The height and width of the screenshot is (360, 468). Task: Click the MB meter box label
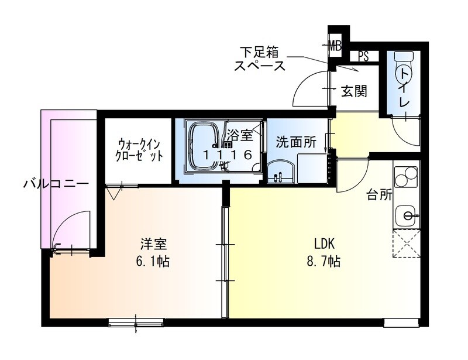pyautogui.click(x=335, y=46)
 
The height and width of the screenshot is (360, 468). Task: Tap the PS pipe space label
pyautogui.click(x=363, y=57)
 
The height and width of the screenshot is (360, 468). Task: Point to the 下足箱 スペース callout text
pyautogui.click(x=260, y=58)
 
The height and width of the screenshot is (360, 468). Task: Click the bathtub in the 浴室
pyautogui.click(x=205, y=148)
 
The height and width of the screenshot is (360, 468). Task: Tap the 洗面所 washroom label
pyautogui.click(x=296, y=142)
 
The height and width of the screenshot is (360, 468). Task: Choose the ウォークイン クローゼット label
pyautogui.click(x=139, y=150)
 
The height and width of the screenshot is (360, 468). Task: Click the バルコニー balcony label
pyautogui.click(x=56, y=183)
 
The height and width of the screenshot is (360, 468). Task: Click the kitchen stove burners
pyautogui.click(x=406, y=177)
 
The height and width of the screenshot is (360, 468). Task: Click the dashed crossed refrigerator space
pyautogui.click(x=406, y=244)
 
